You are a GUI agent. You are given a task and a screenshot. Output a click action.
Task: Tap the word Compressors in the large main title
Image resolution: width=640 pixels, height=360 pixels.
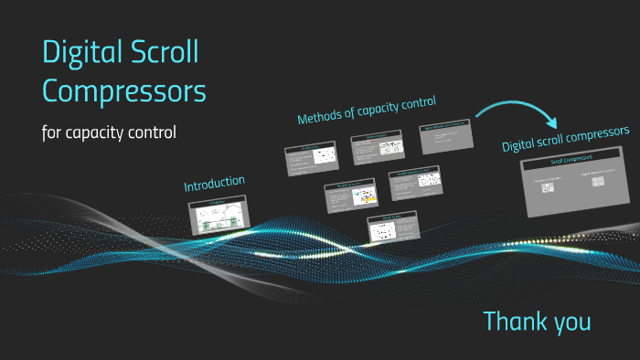point(124,91)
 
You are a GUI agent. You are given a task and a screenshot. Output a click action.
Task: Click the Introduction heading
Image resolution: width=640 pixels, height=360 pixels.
point(214,183)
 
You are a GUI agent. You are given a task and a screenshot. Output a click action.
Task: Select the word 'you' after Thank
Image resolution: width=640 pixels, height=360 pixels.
point(571,323)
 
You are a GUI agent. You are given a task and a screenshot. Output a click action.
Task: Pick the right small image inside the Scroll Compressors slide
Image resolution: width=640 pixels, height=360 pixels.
point(598,181)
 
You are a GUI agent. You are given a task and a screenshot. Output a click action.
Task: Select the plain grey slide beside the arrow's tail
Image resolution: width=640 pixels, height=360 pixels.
point(445,137)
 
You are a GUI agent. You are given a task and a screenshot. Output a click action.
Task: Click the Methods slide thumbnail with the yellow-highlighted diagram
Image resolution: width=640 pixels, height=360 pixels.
point(351,196)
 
